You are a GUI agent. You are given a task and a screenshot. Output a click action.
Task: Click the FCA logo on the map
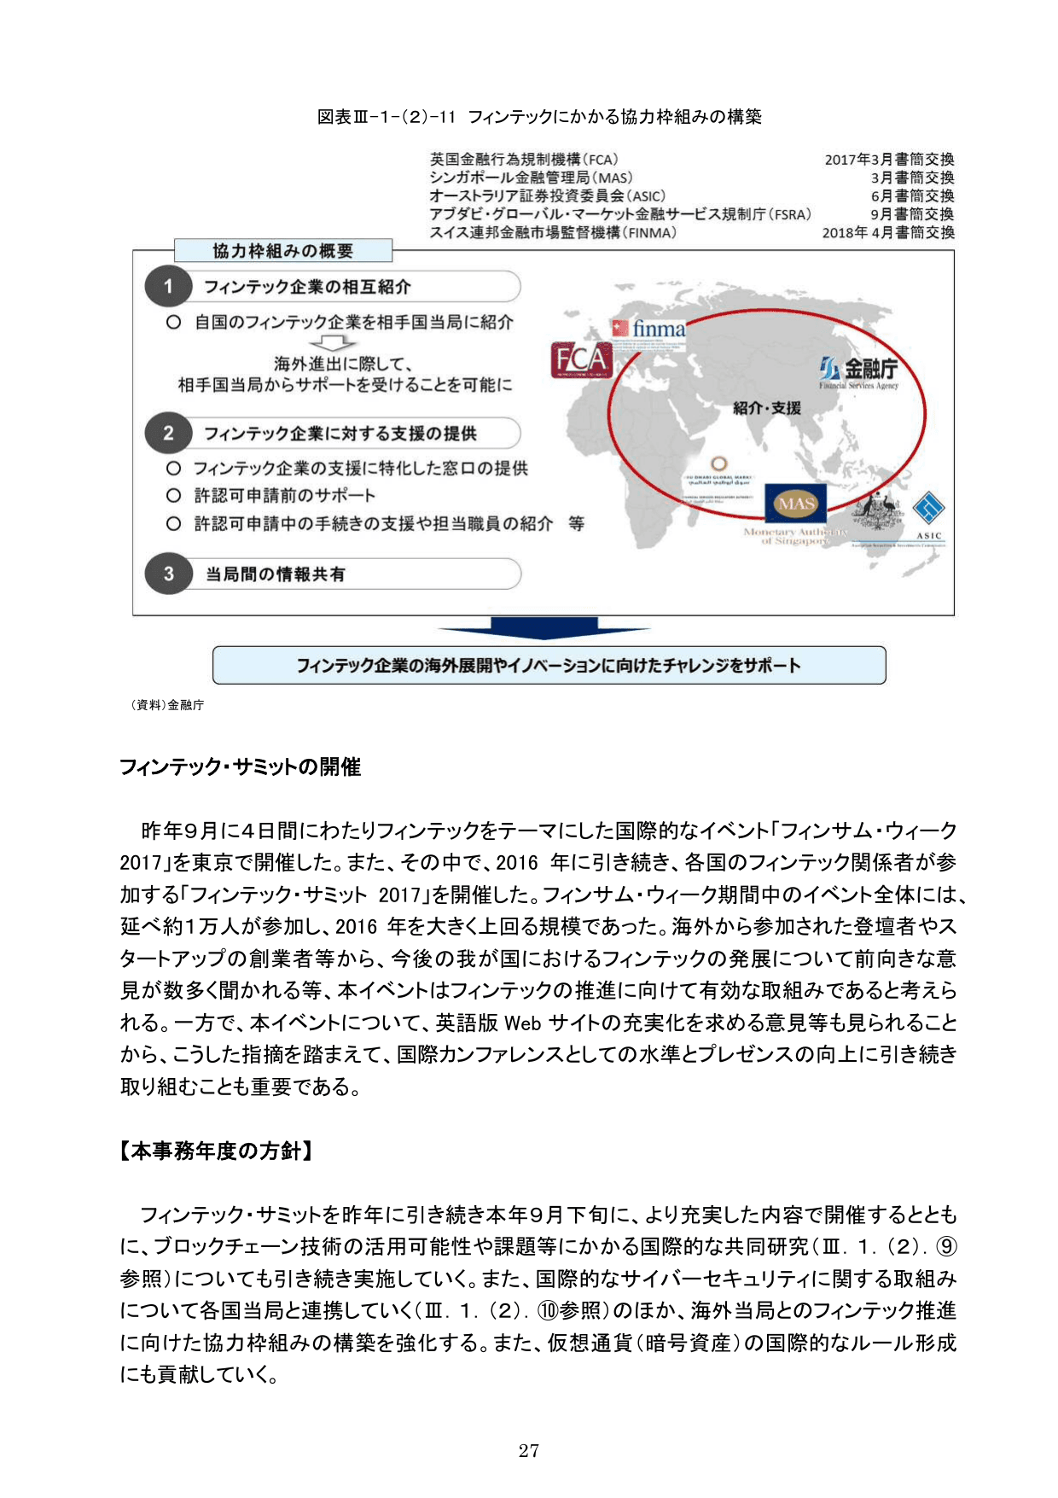(x=581, y=359)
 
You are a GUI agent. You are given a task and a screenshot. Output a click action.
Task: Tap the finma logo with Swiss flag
(x=648, y=329)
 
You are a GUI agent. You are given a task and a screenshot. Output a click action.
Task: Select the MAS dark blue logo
(x=795, y=504)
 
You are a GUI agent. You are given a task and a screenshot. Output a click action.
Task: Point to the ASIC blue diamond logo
(x=928, y=510)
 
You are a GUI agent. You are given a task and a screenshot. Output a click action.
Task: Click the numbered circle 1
(x=168, y=287)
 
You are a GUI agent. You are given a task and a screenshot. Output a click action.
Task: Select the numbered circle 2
(x=168, y=434)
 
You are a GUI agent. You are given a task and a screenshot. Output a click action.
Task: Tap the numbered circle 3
(x=168, y=574)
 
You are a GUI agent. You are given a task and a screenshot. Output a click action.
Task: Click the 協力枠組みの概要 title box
(x=282, y=251)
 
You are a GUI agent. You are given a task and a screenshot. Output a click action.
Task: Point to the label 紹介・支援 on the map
(x=766, y=408)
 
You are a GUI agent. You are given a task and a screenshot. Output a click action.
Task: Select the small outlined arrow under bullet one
(x=333, y=342)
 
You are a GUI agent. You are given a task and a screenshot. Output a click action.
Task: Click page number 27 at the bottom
(x=528, y=1450)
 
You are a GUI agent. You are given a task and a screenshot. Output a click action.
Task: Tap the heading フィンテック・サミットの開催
(x=240, y=766)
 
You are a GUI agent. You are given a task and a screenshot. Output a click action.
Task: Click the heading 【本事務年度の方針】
(x=216, y=1151)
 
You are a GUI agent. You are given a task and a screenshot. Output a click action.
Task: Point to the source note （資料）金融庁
(x=167, y=705)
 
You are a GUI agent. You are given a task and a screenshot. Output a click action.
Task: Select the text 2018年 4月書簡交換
(x=887, y=232)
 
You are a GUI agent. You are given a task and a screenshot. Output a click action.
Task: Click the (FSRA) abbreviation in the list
(x=790, y=214)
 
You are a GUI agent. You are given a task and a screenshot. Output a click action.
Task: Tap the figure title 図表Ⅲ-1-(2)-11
(x=387, y=117)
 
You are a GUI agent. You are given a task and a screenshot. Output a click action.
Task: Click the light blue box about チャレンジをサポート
(x=549, y=665)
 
